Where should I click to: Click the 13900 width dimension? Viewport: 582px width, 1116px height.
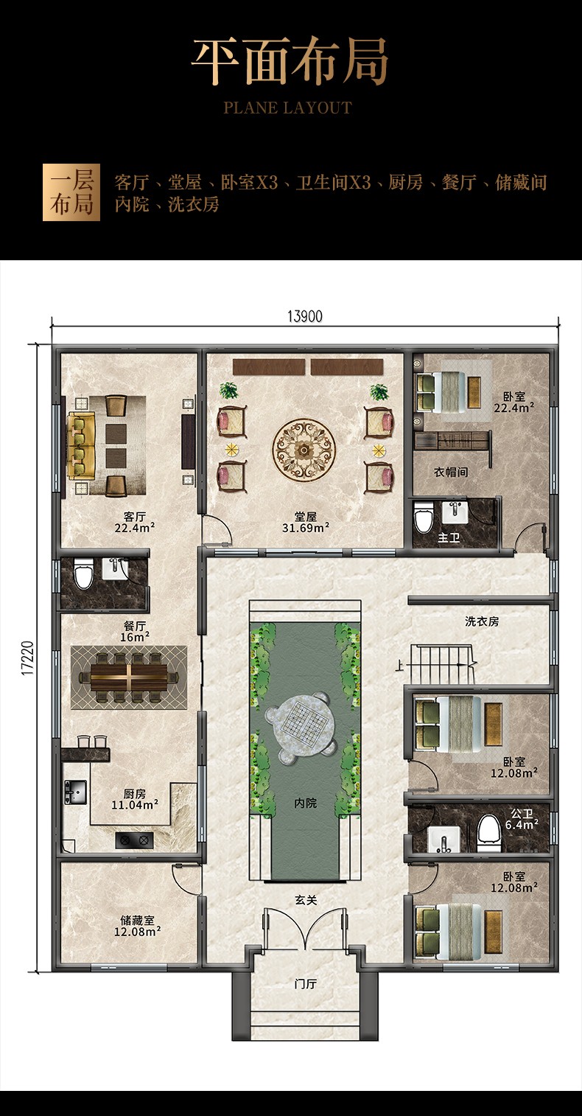click(x=305, y=316)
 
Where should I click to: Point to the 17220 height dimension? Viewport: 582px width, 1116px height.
click(x=28, y=658)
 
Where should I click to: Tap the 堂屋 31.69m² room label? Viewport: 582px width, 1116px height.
click(x=305, y=522)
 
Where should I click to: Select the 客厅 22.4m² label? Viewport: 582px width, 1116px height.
click(x=134, y=522)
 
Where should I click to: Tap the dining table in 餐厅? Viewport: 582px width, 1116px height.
click(x=129, y=677)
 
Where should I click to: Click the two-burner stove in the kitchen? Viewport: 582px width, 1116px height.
click(x=134, y=840)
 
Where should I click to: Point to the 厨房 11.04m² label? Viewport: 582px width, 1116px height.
click(x=134, y=799)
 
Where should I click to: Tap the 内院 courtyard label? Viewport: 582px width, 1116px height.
click(x=305, y=803)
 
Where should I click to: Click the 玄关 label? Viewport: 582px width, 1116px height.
click(x=305, y=900)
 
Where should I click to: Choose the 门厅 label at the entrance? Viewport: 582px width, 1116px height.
click(x=305, y=983)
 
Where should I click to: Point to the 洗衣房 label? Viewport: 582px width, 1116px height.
click(x=481, y=621)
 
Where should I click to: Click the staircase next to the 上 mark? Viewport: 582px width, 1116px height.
click(x=441, y=664)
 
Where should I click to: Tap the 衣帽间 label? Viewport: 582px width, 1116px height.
click(x=451, y=472)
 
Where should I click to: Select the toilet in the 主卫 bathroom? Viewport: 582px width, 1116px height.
click(x=423, y=517)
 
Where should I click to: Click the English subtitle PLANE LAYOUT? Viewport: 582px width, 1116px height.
click(x=288, y=108)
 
